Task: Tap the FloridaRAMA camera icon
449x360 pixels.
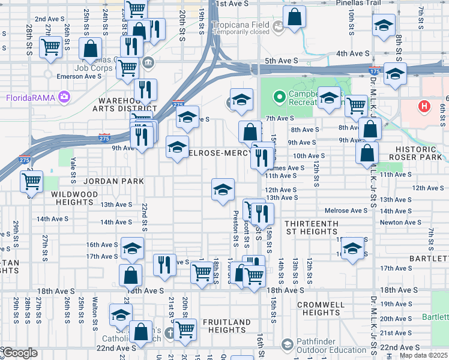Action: pos(64,97)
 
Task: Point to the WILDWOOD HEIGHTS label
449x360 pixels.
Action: pos(78,199)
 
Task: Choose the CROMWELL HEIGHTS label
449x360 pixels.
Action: pos(322,308)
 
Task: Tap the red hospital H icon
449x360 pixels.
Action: pos(425,107)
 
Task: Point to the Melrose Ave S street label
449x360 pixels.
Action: pos(346,211)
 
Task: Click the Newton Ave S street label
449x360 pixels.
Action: pos(400,222)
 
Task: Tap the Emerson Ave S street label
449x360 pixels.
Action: pos(79,76)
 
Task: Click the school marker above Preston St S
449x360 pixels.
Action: pos(223,189)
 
